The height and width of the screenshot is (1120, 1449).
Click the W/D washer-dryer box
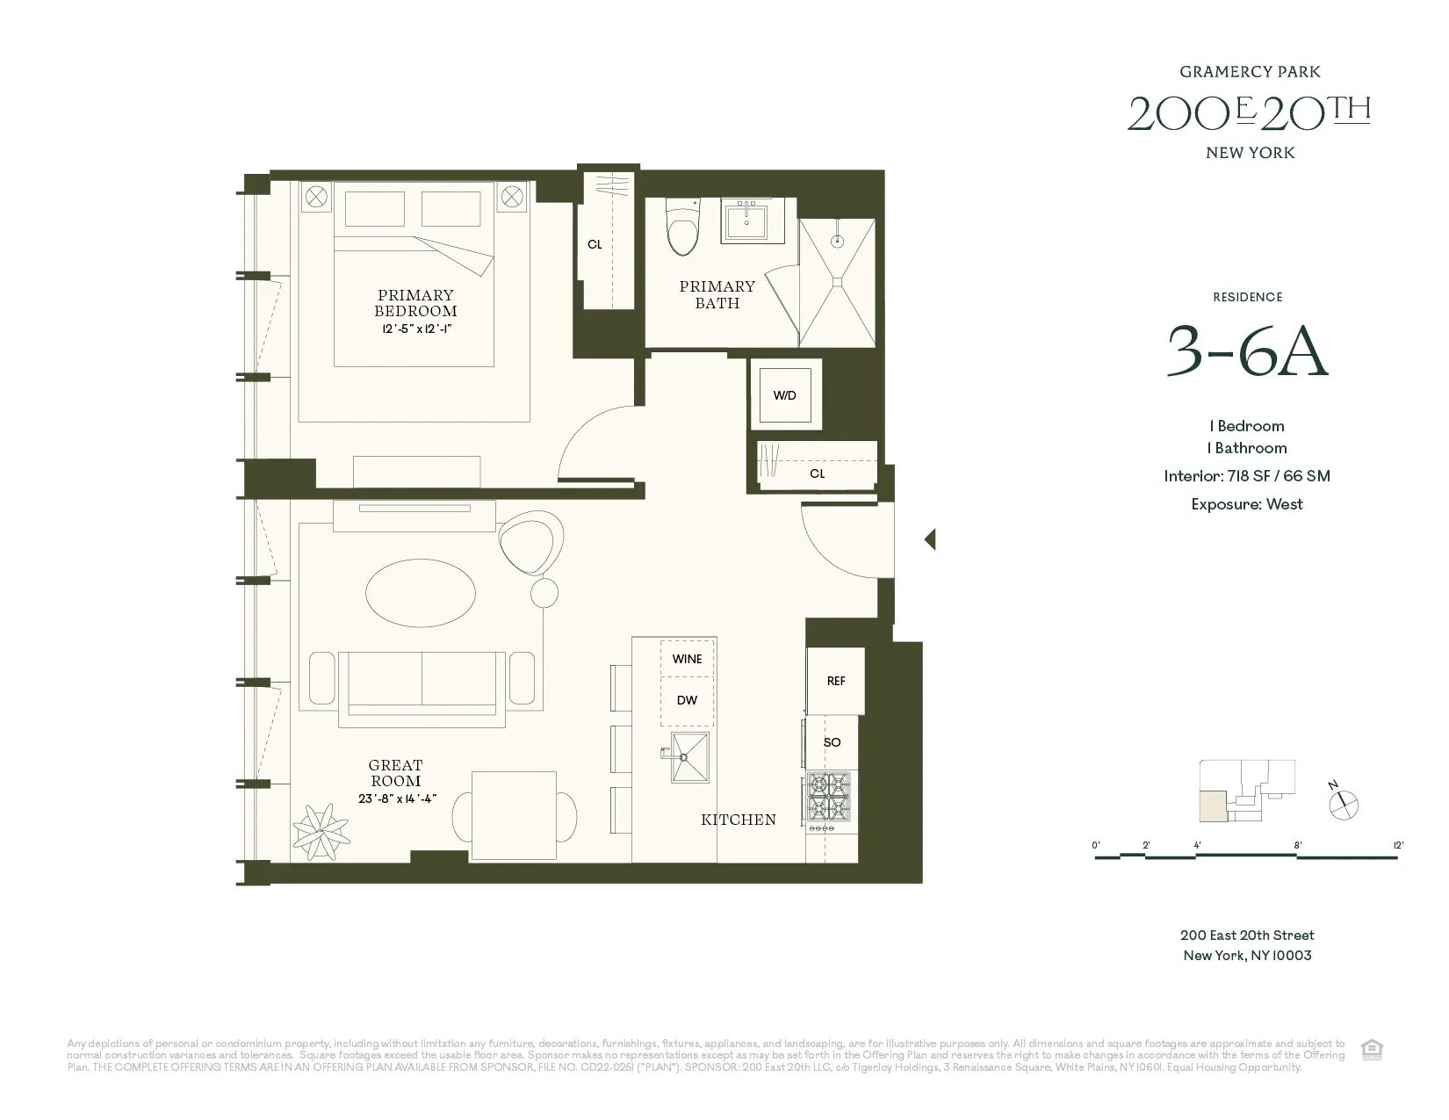(785, 395)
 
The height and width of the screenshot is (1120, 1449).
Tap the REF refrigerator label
(836, 681)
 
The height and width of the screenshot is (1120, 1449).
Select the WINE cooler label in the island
(687, 659)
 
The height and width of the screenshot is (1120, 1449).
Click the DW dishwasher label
(687, 700)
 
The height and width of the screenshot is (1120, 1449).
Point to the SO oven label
(833, 742)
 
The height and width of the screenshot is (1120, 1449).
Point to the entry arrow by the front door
(930, 539)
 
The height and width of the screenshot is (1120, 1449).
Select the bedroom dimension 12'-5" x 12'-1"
(415, 329)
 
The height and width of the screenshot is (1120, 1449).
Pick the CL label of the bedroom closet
(595, 245)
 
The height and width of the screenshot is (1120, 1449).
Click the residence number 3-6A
(1246, 351)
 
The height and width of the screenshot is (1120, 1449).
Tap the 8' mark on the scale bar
(1297, 846)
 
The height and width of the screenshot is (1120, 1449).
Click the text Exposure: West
(1247, 504)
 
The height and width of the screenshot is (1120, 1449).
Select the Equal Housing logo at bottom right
(1371, 1049)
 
